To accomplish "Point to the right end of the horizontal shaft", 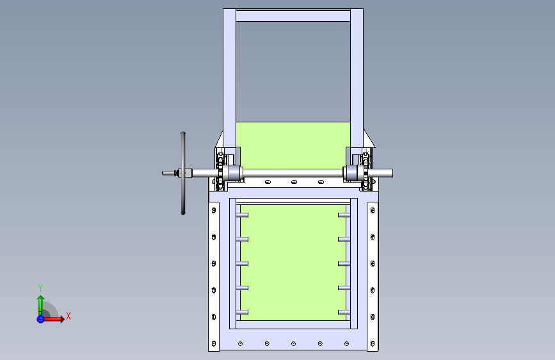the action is pos(392,173).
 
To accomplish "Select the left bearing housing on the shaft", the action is pos(234,173).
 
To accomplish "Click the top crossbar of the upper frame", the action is pos(293,16).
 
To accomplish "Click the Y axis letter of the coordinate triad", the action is pos(40,288).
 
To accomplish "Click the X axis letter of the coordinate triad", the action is pos(68,316).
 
